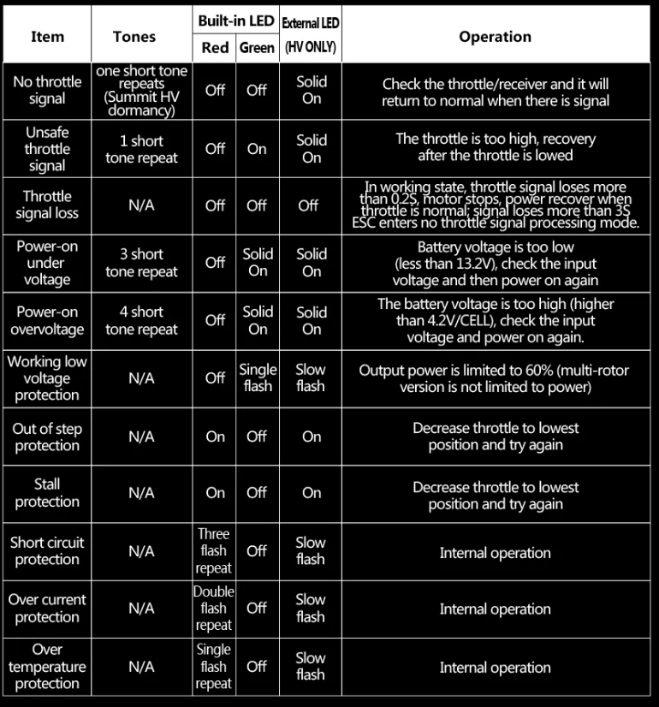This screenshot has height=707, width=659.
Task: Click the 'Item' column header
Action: [x=47, y=37]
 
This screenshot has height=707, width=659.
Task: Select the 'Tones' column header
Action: [x=134, y=37]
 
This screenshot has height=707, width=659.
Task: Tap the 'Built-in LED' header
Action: [x=235, y=20]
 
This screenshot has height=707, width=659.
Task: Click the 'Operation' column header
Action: [x=495, y=37]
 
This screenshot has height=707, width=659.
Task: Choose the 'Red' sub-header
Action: [x=215, y=48]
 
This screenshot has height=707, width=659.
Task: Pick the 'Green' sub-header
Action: [x=257, y=48]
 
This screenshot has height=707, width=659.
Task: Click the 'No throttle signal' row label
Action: [x=47, y=90]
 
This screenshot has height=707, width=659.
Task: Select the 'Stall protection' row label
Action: [x=47, y=493]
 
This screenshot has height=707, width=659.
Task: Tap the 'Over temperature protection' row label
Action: [x=47, y=667]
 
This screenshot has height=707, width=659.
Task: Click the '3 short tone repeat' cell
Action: [x=141, y=263]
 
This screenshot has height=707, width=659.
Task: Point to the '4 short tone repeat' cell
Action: [x=141, y=320]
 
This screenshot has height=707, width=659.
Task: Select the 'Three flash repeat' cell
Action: [x=213, y=550]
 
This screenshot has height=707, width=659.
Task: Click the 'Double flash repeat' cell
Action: [x=213, y=609]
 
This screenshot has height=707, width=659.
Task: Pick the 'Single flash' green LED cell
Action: [x=257, y=377]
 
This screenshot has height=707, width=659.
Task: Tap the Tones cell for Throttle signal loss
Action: [x=141, y=205]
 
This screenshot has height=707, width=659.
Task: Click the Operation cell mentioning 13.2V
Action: [x=495, y=264]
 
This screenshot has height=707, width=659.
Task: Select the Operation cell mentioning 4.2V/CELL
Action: [x=495, y=320]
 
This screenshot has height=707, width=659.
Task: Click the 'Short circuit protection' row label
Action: [x=47, y=550]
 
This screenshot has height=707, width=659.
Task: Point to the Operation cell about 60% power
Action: [x=495, y=378]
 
